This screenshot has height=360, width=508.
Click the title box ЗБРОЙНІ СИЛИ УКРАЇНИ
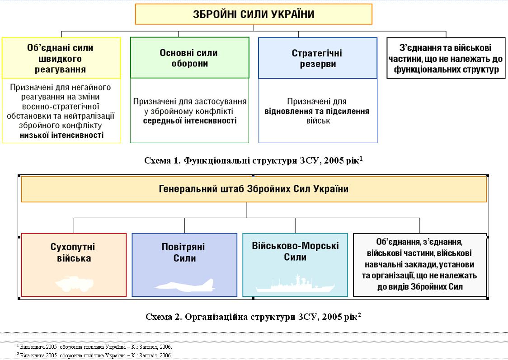click(254, 14)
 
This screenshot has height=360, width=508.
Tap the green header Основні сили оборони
click(190, 58)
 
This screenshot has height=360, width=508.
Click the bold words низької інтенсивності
click(61, 135)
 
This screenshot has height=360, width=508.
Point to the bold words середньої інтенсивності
click(190, 121)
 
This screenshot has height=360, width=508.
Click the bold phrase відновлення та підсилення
click(317, 112)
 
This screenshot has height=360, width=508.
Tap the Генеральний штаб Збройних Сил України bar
click(254, 189)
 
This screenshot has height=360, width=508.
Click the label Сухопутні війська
click(74, 253)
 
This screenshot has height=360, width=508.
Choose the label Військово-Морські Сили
click(295, 252)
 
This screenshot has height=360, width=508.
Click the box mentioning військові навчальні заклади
click(419, 264)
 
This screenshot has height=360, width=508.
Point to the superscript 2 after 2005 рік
click(359, 315)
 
